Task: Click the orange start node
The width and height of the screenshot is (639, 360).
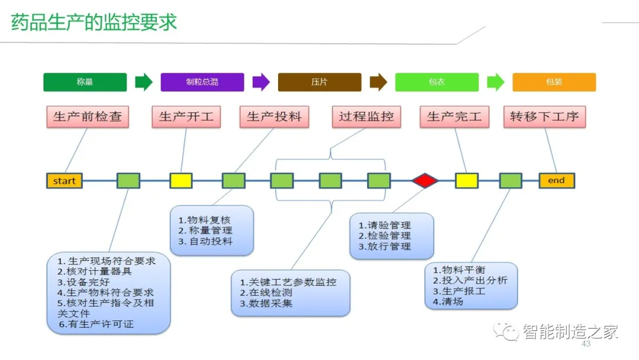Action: pyautogui.click(x=64, y=181)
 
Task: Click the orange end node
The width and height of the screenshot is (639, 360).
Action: pyautogui.click(x=556, y=181)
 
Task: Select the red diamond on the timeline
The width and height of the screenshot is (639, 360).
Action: pyautogui.click(x=425, y=181)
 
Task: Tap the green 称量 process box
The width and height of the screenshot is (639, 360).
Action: pyautogui.click(x=85, y=82)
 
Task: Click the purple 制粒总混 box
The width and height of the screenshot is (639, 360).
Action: pyautogui.click(x=202, y=82)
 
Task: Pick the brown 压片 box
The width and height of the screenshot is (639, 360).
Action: pyautogui.click(x=319, y=82)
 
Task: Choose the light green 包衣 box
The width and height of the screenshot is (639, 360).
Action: pyautogui.click(x=437, y=82)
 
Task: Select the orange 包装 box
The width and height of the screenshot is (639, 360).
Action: pyautogui.click(x=554, y=82)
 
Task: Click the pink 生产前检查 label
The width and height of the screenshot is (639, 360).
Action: pyautogui.click(x=88, y=117)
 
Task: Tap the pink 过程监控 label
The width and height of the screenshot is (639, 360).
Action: pyautogui.click(x=366, y=117)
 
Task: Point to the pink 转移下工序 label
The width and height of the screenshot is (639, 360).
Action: pyautogui.click(x=544, y=117)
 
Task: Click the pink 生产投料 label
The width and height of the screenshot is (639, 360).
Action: pyautogui.click(x=274, y=117)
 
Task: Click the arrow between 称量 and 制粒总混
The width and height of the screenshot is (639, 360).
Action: pyautogui.click(x=144, y=82)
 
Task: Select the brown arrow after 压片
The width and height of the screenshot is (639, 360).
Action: pyautogui.click(x=378, y=82)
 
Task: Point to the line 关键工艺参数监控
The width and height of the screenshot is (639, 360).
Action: pyautogui.click(x=288, y=282)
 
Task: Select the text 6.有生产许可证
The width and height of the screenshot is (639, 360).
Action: pyautogui.click(x=96, y=324)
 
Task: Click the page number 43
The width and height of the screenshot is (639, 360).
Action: pyautogui.click(x=586, y=344)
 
